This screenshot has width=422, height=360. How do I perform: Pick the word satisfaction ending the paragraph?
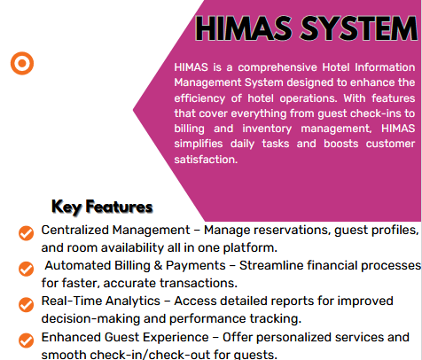pos(207,160)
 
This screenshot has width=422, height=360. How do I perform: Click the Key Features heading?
pos(102,207)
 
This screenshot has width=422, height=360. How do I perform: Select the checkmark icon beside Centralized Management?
pos(26,232)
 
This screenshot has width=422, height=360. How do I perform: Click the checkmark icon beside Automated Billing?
pos(26,267)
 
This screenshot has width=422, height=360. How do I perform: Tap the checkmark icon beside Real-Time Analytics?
pos(26,302)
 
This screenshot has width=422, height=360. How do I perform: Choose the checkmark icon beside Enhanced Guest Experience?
pos(26,339)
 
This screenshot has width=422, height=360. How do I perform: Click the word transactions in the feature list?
pos(199,284)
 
